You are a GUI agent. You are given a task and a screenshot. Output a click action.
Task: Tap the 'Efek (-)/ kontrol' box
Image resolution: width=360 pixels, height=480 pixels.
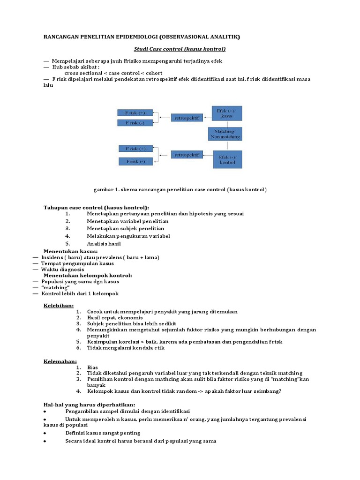click(x=228, y=159)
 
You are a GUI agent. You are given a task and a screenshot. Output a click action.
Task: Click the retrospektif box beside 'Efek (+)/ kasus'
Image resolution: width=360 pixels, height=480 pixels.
click(x=187, y=118)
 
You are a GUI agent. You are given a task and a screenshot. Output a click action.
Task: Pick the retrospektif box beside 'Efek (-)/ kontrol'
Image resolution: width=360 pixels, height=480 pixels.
click(x=187, y=154)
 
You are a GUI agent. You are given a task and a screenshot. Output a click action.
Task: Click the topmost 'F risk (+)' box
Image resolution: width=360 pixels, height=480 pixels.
click(x=135, y=112)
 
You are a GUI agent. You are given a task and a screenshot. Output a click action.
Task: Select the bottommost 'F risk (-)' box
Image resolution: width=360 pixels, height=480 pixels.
click(x=135, y=161)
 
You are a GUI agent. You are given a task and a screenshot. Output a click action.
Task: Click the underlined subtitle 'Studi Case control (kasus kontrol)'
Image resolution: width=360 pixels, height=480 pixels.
click(x=180, y=49)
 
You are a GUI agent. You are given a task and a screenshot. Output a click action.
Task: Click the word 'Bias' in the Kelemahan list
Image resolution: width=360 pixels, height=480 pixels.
click(x=92, y=367)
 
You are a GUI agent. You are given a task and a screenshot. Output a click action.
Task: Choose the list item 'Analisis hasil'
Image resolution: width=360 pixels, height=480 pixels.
click(x=104, y=244)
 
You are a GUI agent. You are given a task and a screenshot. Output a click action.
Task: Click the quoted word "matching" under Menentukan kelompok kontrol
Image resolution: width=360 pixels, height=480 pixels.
click(x=55, y=287)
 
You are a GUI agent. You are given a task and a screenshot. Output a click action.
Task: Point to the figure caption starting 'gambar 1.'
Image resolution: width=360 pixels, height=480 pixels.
click(x=180, y=189)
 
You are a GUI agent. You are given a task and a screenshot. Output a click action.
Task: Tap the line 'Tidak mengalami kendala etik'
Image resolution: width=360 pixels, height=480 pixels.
click(x=126, y=348)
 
